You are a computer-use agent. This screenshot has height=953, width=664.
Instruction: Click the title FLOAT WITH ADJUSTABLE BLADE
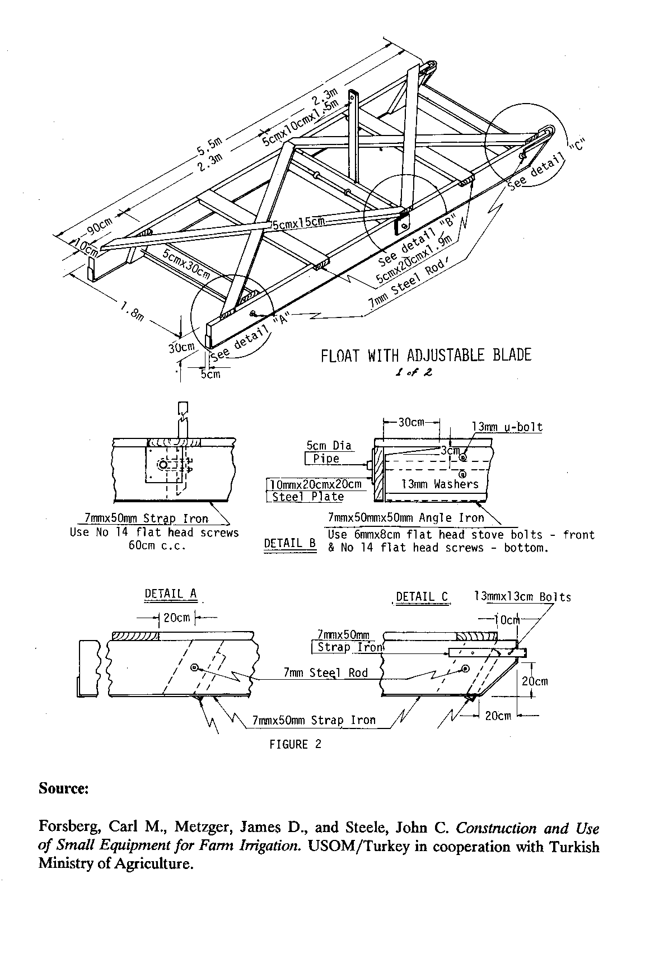pyautogui.click(x=425, y=356)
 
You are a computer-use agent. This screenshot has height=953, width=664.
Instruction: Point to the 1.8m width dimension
pyautogui.click(x=132, y=310)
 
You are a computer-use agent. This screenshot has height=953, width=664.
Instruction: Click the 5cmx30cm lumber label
pyautogui.click(x=186, y=264)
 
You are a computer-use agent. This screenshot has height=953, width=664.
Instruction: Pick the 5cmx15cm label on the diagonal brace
pyautogui.click(x=298, y=223)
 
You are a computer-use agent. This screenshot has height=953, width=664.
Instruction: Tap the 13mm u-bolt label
pyautogui.click(x=507, y=427)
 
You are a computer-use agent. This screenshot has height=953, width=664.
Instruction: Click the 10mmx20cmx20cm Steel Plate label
pyautogui.click(x=315, y=490)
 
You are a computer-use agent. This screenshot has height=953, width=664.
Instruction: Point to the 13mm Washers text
pyautogui.click(x=440, y=484)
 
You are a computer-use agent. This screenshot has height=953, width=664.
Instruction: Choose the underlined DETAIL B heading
pyautogui.click(x=289, y=543)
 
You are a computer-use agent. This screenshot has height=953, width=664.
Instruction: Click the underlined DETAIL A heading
pyautogui.click(x=171, y=594)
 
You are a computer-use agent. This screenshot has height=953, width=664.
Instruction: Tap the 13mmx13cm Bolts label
pyautogui.click(x=522, y=597)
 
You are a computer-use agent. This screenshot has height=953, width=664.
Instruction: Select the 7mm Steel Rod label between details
pyautogui.click(x=325, y=672)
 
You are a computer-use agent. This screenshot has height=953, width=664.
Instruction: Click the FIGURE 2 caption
pyautogui.click(x=296, y=744)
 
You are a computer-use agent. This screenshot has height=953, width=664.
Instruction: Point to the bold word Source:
pyautogui.click(x=63, y=788)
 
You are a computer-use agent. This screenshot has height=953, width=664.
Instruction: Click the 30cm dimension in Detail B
pyautogui.click(x=411, y=422)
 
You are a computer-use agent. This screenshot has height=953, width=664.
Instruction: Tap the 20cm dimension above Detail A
pyautogui.click(x=176, y=618)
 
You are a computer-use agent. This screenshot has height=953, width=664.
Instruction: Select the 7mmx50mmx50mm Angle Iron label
pyautogui.click(x=406, y=518)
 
